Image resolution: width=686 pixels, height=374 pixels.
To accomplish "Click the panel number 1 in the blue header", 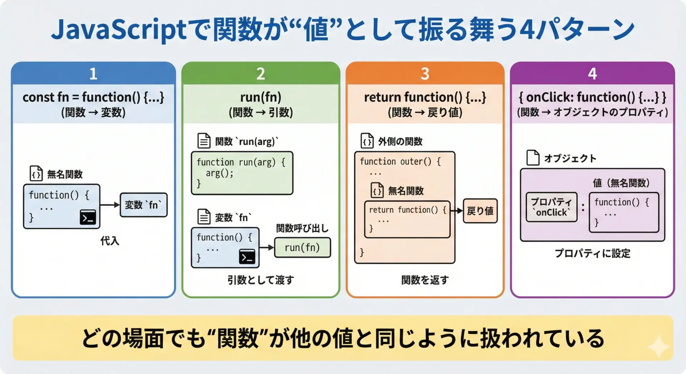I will click(93, 74).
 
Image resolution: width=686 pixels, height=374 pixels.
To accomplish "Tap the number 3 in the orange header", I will click(425, 74).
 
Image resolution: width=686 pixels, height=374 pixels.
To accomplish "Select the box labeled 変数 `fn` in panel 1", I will click(144, 205).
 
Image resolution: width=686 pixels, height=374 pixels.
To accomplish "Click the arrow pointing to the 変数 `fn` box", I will click(110, 205).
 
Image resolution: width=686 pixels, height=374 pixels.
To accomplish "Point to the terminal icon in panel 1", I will click(88, 217).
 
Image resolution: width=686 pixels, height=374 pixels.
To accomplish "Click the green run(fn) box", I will click(302, 248).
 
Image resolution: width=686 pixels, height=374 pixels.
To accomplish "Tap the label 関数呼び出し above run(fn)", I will click(302, 228).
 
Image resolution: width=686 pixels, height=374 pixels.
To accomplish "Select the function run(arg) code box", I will click(242, 173).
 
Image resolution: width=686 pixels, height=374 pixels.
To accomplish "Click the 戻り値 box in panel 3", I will click(480, 211).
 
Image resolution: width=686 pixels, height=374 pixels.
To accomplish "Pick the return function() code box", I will click(407, 219).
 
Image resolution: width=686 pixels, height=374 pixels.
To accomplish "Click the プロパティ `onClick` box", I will click(551, 207).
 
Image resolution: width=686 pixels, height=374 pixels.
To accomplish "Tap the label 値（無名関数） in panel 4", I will click(621, 183).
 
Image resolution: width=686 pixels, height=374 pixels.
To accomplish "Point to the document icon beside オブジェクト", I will click(533, 158).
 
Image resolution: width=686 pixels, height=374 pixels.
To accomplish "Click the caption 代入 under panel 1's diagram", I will click(110, 241).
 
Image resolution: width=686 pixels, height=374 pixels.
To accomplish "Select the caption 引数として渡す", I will click(260, 280).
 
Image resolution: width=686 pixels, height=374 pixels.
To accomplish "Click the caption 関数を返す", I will click(425, 280).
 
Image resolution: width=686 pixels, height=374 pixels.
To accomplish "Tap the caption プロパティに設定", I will click(592, 253).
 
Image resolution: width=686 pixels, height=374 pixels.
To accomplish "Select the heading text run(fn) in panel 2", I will click(260, 97).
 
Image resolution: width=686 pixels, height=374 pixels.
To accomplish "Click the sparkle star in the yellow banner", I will click(658, 346).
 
